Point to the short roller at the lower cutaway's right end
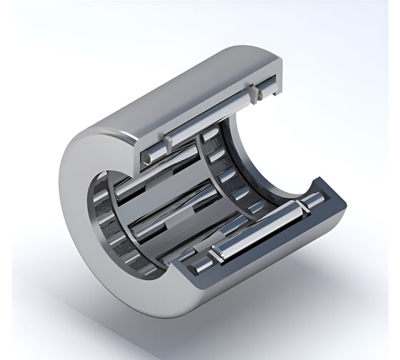point(312,203)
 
